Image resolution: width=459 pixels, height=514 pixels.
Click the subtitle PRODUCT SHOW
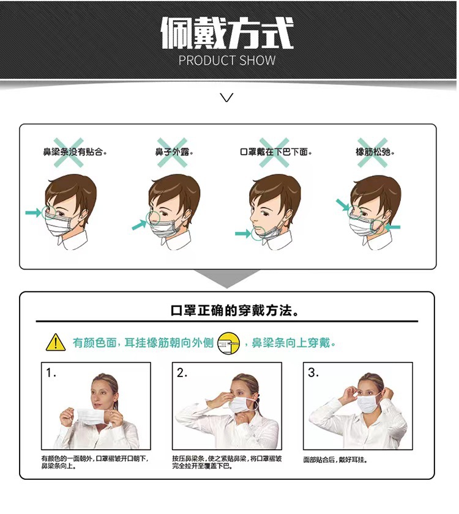(x=227, y=61)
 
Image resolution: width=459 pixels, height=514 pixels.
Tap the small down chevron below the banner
(x=227, y=97)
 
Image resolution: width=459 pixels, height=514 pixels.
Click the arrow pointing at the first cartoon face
(x=33, y=212)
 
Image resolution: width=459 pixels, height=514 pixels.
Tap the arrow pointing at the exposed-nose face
(x=140, y=226)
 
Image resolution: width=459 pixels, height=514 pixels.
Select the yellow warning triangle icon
(x=56, y=342)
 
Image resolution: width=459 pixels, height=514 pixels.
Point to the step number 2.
(x=182, y=372)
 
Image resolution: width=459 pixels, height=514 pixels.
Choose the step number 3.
(x=313, y=372)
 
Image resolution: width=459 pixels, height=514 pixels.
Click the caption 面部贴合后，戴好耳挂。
(x=335, y=459)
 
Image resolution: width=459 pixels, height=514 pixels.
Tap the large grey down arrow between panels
(x=227, y=278)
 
